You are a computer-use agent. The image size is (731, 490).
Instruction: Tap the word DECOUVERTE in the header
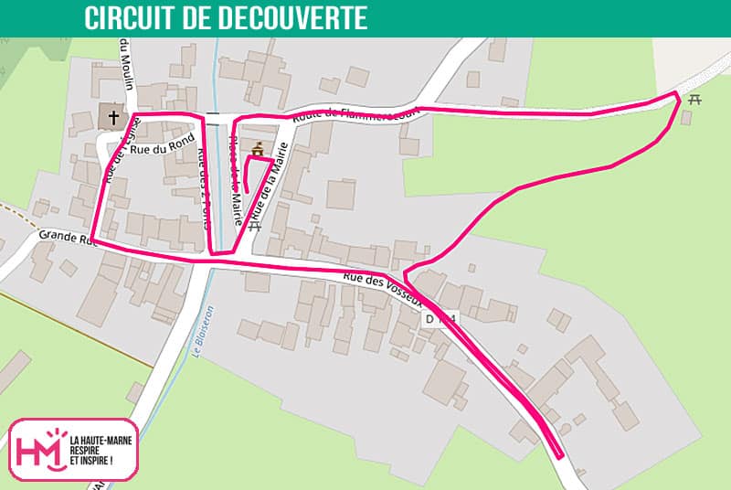[301, 18]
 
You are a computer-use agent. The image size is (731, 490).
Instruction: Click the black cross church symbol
[113, 117]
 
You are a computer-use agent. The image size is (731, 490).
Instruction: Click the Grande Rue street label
[67, 239]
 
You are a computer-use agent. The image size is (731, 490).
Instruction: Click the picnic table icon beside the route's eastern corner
[694, 100]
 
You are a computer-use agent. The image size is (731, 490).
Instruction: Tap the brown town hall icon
[257, 149]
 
